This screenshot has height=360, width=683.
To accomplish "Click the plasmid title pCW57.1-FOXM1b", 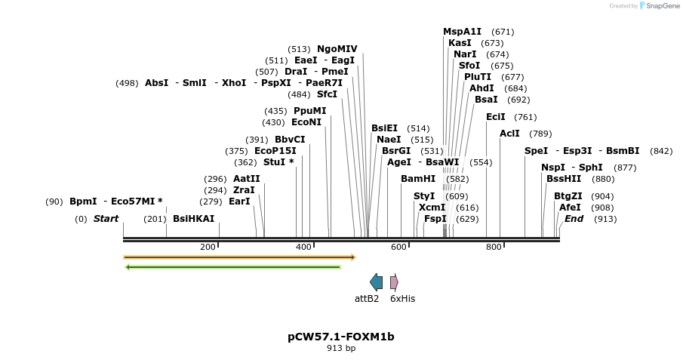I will click(x=341, y=337).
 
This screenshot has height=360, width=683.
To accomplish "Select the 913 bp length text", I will click(x=341, y=348).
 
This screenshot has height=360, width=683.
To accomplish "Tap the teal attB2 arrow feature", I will click(x=376, y=282).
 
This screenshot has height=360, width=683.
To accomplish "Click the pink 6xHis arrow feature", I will click(x=394, y=282).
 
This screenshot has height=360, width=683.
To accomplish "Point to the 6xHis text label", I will click(x=402, y=298).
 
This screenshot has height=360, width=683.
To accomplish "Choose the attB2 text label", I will click(x=367, y=298).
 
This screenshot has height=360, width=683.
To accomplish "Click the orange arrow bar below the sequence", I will click(x=239, y=257).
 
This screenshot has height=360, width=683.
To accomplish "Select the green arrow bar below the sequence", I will click(x=233, y=266).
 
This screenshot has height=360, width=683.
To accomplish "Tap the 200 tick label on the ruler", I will click(x=208, y=247).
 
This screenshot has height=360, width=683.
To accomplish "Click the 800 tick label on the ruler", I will click(x=494, y=247).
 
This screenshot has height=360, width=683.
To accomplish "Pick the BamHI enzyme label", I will click(x=418, y=179).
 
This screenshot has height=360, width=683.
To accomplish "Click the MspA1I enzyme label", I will click(x=462, y=32).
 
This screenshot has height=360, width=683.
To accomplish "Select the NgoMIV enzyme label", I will click(x=337, y=49).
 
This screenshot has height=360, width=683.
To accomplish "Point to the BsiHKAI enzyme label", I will click(x=194, y=219).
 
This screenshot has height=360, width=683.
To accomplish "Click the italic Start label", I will click(x=106, y=219).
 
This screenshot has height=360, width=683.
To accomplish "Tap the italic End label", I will click(x=574, y=219).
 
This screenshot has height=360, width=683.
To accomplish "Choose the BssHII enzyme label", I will click(x=564, y=179).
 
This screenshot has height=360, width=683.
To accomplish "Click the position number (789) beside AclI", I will click(x=540, y=134).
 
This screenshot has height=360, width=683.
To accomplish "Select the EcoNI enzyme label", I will click(x=306, y=122).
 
